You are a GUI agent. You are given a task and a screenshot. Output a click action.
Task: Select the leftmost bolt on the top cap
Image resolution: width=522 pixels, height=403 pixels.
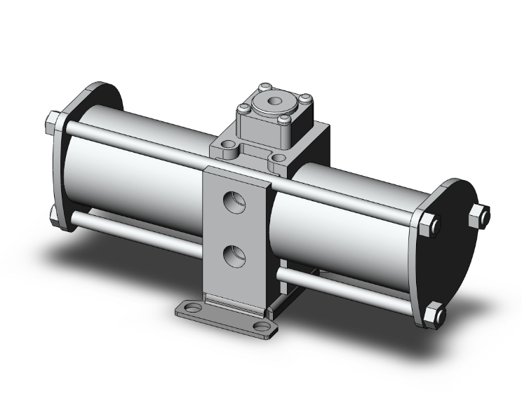(243, 108)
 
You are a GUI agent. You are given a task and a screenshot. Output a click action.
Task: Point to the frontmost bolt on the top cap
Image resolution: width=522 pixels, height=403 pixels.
(283, 120)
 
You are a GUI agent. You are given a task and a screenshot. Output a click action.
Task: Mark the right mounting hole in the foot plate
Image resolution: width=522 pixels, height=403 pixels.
(261, 327)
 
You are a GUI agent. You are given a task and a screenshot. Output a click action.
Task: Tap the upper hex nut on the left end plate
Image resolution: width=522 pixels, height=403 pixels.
(53, 124)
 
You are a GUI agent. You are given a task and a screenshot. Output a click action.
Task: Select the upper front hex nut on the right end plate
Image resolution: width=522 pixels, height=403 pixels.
(433, 226)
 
